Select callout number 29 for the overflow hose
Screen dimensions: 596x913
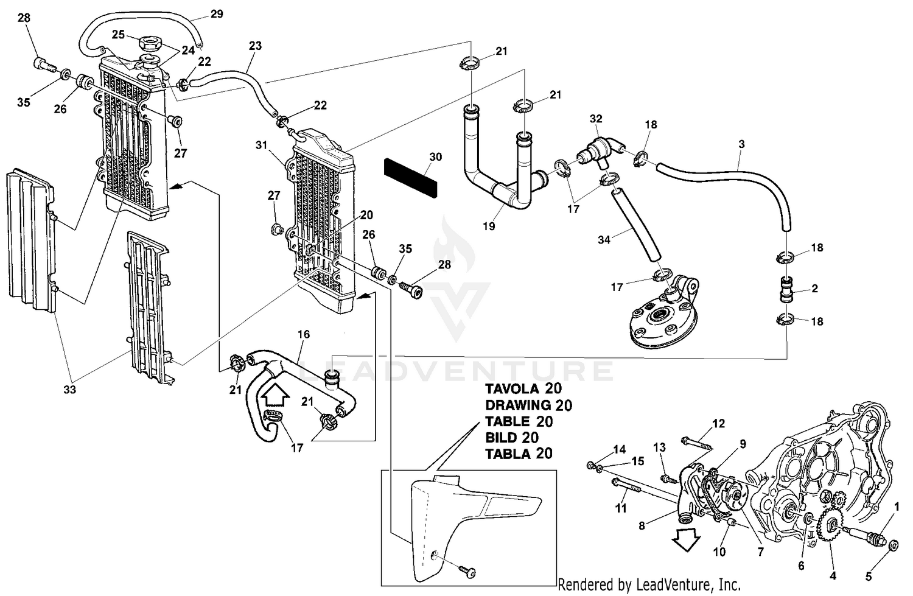point(216,14)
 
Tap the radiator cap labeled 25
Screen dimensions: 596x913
point(149,44)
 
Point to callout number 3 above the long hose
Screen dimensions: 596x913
point(741,144)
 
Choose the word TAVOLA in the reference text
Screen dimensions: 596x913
point(510,388)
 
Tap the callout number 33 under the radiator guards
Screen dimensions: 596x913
point(69,389)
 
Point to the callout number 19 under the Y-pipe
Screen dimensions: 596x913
point(489,226)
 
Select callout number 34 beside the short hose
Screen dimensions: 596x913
point(603,239)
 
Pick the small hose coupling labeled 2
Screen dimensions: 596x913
point(788,289)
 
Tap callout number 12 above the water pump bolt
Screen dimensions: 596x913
point(718,423)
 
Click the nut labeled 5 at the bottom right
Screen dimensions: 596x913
point(892,545)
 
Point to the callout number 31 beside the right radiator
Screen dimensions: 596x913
point(262,145)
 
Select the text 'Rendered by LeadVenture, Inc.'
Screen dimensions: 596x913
point(649,585)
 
